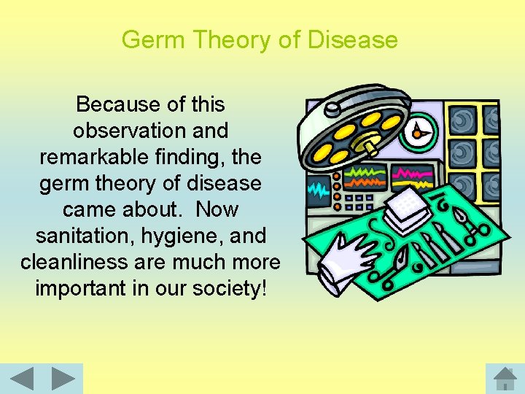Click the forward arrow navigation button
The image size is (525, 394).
coord(63,379)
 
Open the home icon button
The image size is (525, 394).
coord(505,379)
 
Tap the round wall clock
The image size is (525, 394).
coord(419,131)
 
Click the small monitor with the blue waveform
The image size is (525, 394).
coord(318,191)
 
